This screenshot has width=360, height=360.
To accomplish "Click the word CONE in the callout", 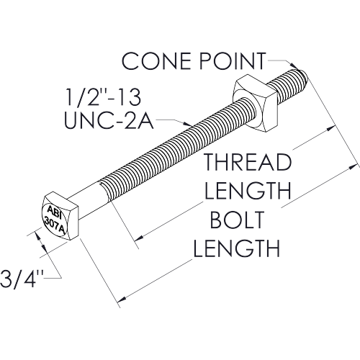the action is click(158, 61).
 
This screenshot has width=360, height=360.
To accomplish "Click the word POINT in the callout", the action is click(233, 61).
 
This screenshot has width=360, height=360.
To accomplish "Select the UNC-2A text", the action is click(109, 120).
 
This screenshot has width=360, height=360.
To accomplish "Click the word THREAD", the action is click(248, 162).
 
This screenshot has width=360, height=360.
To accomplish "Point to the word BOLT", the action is click(237, 220).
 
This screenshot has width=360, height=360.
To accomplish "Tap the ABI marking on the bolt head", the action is click(54, 211).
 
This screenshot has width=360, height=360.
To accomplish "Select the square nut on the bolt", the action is click(255, 102).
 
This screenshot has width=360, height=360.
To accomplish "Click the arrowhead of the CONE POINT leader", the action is click(294, 66).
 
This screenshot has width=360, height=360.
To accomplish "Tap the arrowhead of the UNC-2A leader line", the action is click(187, 124).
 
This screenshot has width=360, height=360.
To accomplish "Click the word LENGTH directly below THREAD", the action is click(248, 191).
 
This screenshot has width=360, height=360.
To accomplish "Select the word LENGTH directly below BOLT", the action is click(237, 248).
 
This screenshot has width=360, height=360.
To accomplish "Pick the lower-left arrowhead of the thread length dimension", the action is click(139, 238).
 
